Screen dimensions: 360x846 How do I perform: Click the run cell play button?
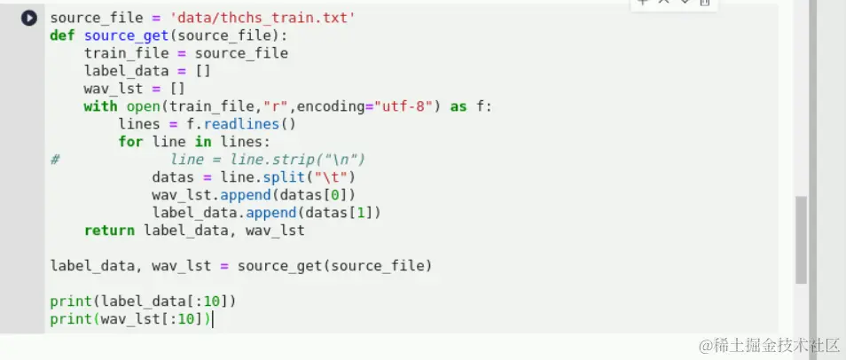coord(29,18)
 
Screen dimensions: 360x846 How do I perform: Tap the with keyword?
coord(100,106)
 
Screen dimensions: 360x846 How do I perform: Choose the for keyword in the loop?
coord(130,142)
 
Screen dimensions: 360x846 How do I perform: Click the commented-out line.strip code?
coord(267,160)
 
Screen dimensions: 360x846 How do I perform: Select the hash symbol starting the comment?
coord(55,160)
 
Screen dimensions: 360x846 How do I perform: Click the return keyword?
coord(110,231)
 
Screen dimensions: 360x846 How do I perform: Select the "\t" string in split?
coord(331,177)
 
